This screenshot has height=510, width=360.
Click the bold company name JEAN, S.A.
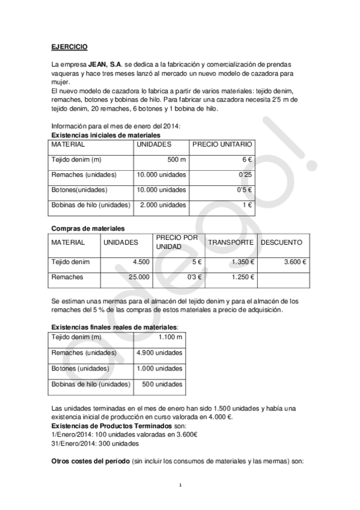pyautogui.click(x=102, y=63)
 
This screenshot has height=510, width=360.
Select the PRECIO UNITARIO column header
pyautogui.click(x=222, y=144)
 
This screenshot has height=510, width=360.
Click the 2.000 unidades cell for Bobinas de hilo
pyautogui.click(x=162, y=205)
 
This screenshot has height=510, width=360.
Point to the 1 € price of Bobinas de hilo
pyautogui.click(x=246, y=205)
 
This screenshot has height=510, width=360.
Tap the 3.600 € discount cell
pyautogui.click(x=294, y=262)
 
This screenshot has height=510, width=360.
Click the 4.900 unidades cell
pyautogui.click(x=160, y=353)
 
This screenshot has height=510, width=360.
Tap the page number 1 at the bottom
pyautogui.click(x=180, y=485)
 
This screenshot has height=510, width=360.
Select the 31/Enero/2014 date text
pyautogui.click(x=73, y=443)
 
